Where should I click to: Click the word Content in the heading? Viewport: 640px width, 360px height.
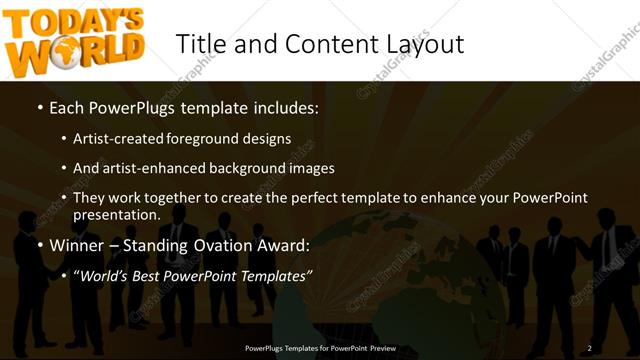click(x=310, y=44)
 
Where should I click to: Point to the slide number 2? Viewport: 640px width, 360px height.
click(x=589, y=348)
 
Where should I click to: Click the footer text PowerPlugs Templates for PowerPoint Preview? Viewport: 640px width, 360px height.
click(x=320, y=348)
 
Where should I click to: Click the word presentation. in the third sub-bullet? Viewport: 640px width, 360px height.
click(x=117, y=215)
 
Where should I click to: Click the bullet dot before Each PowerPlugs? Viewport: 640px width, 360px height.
click(x=39, y=107)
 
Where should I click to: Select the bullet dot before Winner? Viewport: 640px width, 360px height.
click(x=39, y=245)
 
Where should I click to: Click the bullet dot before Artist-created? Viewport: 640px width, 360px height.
click(x=63, y=139)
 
